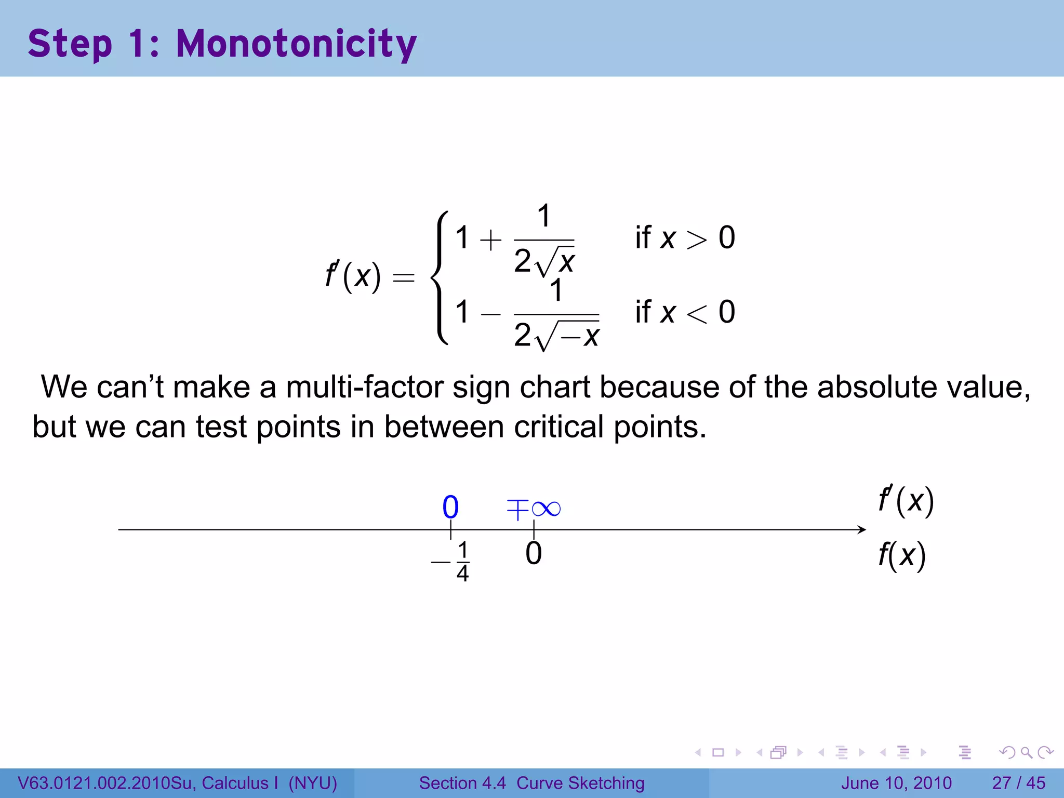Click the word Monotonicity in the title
click(x=296, y=44)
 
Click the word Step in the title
click(x=70, y=44)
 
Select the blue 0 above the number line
click(x=450, y=507)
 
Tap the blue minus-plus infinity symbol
click(x=534, y=509)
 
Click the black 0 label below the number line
click(x=534, y=553)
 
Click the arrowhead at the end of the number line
click(x=861, y=529)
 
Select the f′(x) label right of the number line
click(x=906, y=501)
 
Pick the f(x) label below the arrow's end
click(x=902, y=555)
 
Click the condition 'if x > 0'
click(x=685, y=238)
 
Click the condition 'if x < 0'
click(x=685, y=312)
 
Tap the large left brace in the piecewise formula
click(x=440, y=277)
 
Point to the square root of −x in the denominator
click(x=568, y=335)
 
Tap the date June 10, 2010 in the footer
click(x=896, y=783)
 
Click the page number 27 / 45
click(x=1018, y=783)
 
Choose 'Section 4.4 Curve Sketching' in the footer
click(x=531, y=783)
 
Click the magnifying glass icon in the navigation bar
click(x=1026, y=752)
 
